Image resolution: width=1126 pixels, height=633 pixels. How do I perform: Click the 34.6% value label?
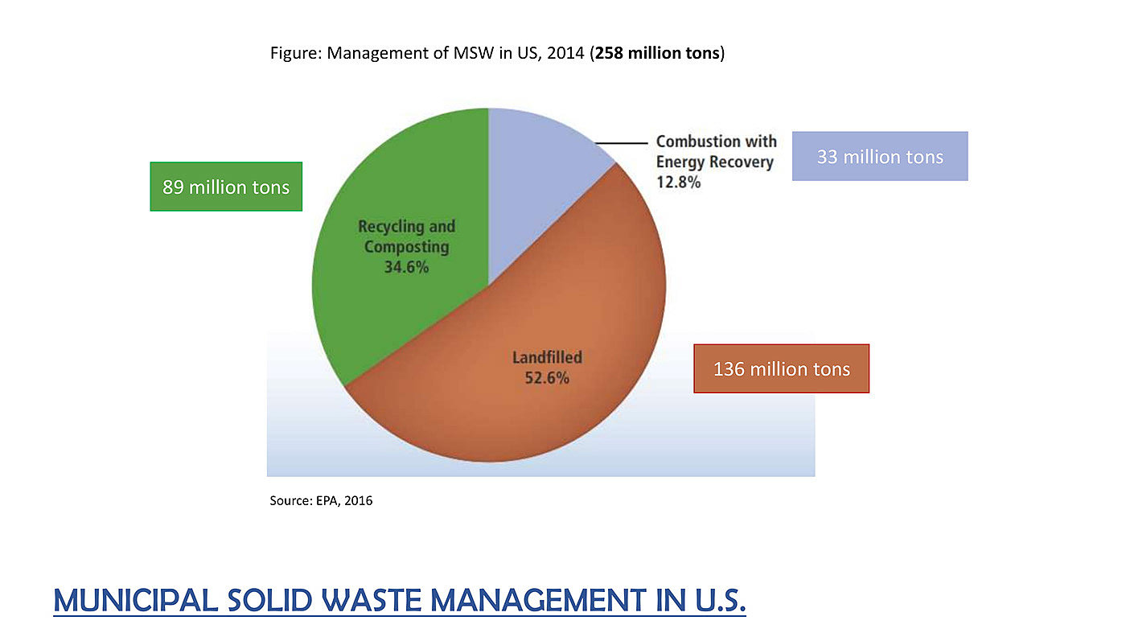(406, 267)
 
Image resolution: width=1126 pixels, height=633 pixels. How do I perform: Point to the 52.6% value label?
(547, 377)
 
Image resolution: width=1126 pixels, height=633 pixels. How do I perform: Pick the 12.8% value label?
(678, 182)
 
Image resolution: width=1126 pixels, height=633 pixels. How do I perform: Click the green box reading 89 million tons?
(226, 187)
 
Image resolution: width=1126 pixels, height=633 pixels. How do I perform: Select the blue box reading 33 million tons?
(880, 156)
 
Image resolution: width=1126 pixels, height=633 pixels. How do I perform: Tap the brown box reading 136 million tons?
(781, 368)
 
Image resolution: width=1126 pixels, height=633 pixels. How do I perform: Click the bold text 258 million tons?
(657, 54)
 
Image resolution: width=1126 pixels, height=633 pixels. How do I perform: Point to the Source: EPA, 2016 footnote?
(321, 500)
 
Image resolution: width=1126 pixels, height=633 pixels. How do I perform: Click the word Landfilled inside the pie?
(547, 357)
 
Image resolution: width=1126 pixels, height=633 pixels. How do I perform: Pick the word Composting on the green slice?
(406, 247)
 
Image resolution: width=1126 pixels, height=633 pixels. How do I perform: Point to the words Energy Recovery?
(714, 162)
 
